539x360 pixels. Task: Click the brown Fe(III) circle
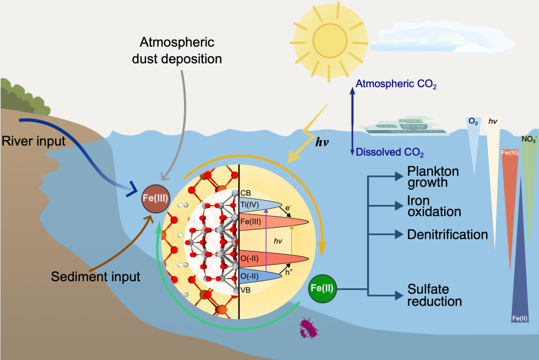point(156,198)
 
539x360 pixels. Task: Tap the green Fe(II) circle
point(322,288)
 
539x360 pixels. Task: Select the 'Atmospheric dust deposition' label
point(177,51)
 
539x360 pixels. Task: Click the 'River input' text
point(34,141)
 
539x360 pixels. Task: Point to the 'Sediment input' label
point(95,277)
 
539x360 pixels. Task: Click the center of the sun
point(330,41)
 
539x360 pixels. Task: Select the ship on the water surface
point(404,126)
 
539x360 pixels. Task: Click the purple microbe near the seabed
point(308,328)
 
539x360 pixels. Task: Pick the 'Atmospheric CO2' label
point(396,84)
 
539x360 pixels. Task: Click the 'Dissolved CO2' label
point(390,152)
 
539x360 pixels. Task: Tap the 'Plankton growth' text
point(433,177)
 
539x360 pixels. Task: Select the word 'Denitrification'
point(448,234)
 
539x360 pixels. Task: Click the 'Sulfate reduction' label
point(434,295)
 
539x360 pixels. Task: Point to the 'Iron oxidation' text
point(434,206)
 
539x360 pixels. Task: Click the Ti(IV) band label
point(250,205)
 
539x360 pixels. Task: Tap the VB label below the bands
point(245,290)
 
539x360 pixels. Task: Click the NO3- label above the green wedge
point(529,139)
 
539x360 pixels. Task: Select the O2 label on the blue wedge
point(473,122)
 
